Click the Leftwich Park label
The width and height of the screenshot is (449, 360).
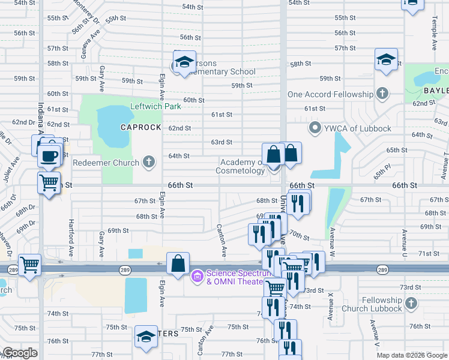point(156,107)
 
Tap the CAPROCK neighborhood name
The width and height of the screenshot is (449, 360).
point(141,127)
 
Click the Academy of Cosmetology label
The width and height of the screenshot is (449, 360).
point(242,166)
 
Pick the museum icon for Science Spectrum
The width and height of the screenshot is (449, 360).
point(196,277)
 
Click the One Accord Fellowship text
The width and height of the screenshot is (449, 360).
point(330,94)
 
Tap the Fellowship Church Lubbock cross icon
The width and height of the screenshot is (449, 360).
point(411,304)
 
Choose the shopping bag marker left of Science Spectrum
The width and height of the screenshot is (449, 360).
point(178,263)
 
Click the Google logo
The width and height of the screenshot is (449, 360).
point(20,353)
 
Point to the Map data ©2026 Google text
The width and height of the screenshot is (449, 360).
point(411,355)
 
